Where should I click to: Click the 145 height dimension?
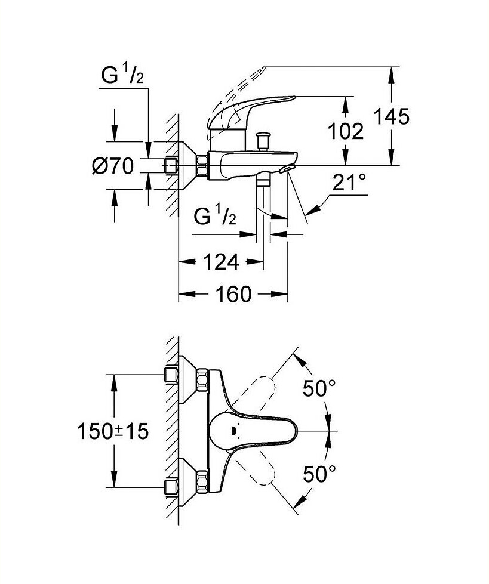pyautogui.click(x=391, y=116)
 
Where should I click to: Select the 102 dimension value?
pyautogui.click(x=346, y=131)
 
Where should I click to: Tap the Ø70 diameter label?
pyautogui.click(x=113, y=166)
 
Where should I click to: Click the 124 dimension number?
pyautogui.click(x=221, y=262)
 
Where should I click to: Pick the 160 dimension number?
pyautogui.click(x=233, y=294)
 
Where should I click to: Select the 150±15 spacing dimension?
pyautogui.click(x=113, y=431)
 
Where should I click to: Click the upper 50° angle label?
pyautogui.click(x=319, y=388)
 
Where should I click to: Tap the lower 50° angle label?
pyautogui.click(x=319, y=474)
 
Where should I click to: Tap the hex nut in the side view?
pyautogui.click(x=203, y=165)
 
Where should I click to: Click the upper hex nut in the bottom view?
pyautogui.click(x=203, y=379)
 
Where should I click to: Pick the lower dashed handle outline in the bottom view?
pyautogui.click(x=255, y=465)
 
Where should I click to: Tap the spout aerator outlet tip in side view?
pyautogui.click(x=286, y=169)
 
